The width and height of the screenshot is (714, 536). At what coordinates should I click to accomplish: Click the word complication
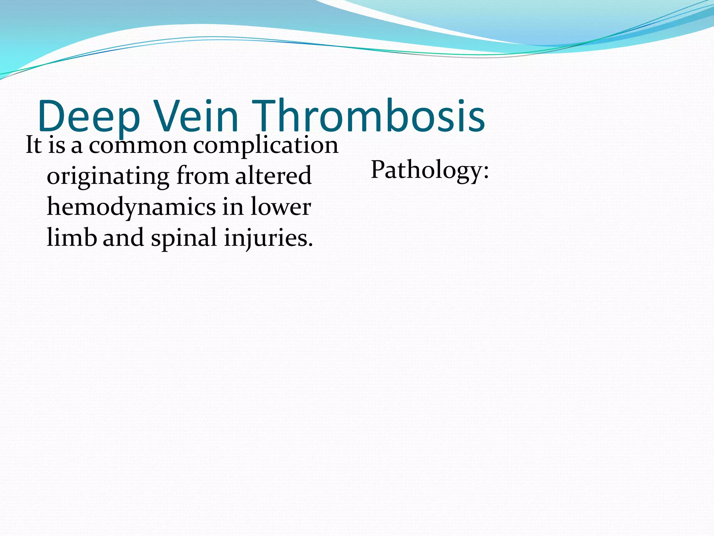266,146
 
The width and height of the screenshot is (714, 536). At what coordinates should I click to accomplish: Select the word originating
108,177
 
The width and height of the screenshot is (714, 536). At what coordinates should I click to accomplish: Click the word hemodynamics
131,207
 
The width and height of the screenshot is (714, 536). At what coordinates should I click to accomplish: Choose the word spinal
184,238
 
